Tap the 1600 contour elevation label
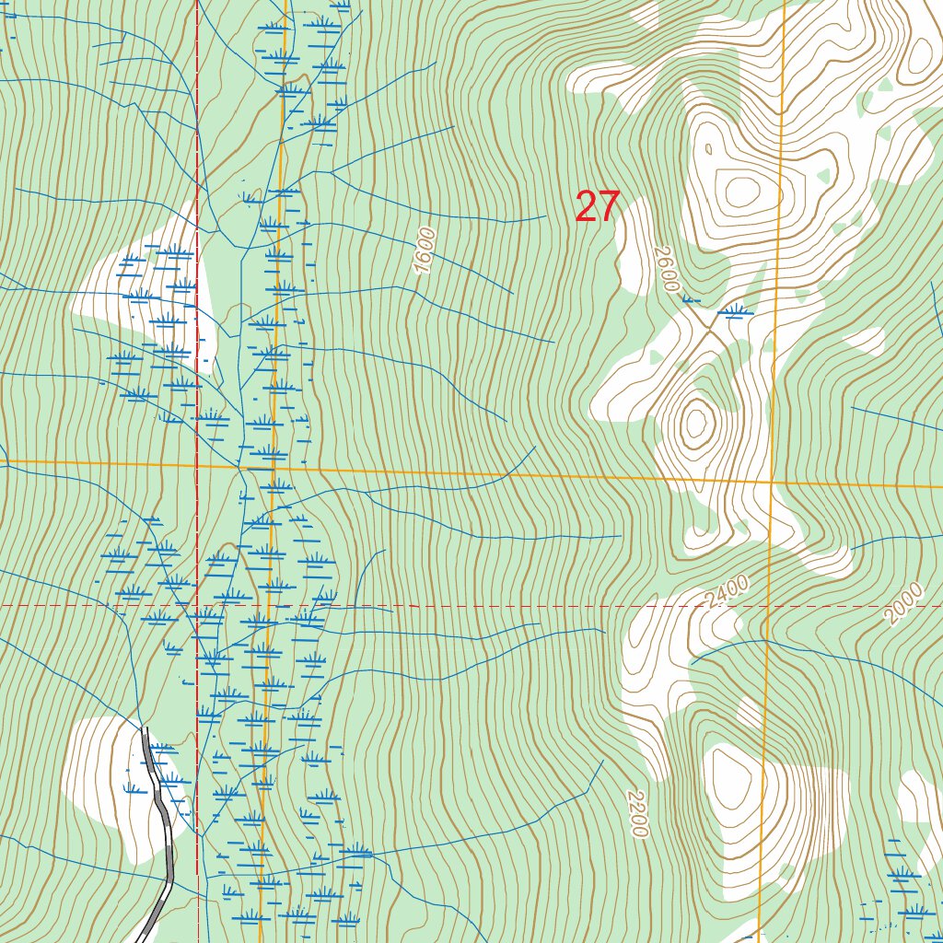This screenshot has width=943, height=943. [424, 250]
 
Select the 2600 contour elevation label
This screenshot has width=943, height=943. [666, 269]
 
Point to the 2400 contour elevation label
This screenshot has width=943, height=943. [727, 591]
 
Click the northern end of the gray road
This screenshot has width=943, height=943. [145, 729]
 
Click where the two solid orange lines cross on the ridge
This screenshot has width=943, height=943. [772, 482]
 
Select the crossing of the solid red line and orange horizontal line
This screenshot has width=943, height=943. [196, 465]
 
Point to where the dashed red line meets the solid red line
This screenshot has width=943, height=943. [197, 606]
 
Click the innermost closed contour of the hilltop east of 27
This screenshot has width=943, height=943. [741, 192]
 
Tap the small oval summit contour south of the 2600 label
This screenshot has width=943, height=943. [695, 423]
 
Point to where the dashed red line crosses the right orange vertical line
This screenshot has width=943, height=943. [768, 606]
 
